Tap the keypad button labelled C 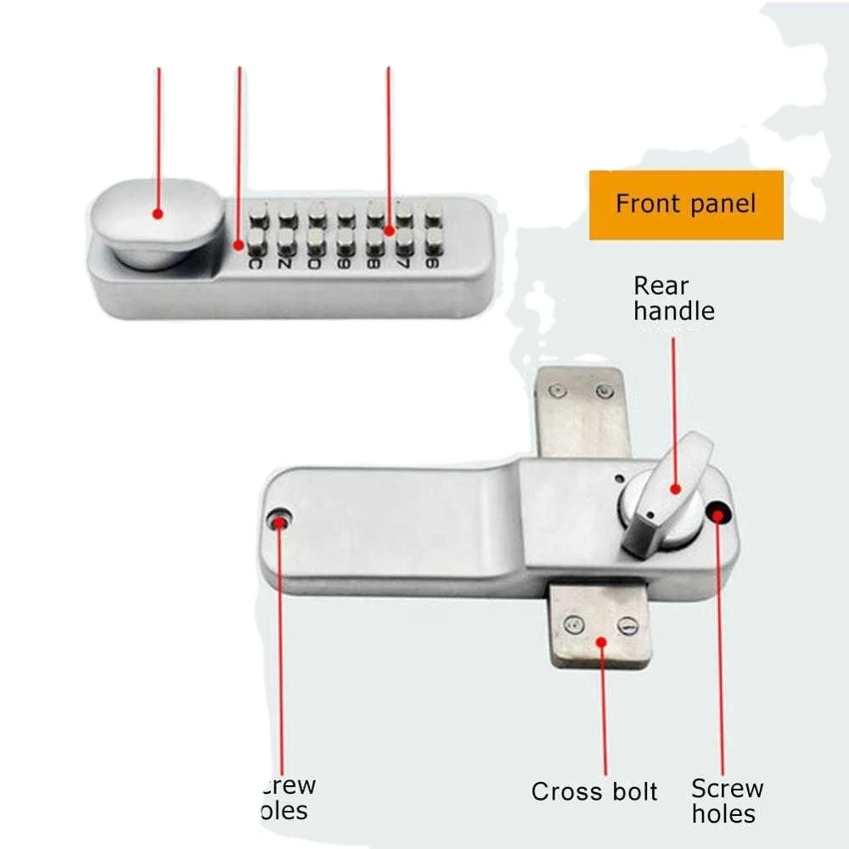(x=254, y=246)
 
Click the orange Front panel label (x=686, y=205)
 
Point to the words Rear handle (x=673, y=298)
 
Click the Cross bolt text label (x=594, y=792)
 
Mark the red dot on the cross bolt (x=601, y=643)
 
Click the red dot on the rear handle (x=675, y=487)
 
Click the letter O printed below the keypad (x=315, y=264)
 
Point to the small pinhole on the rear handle (x=649, y=513)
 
